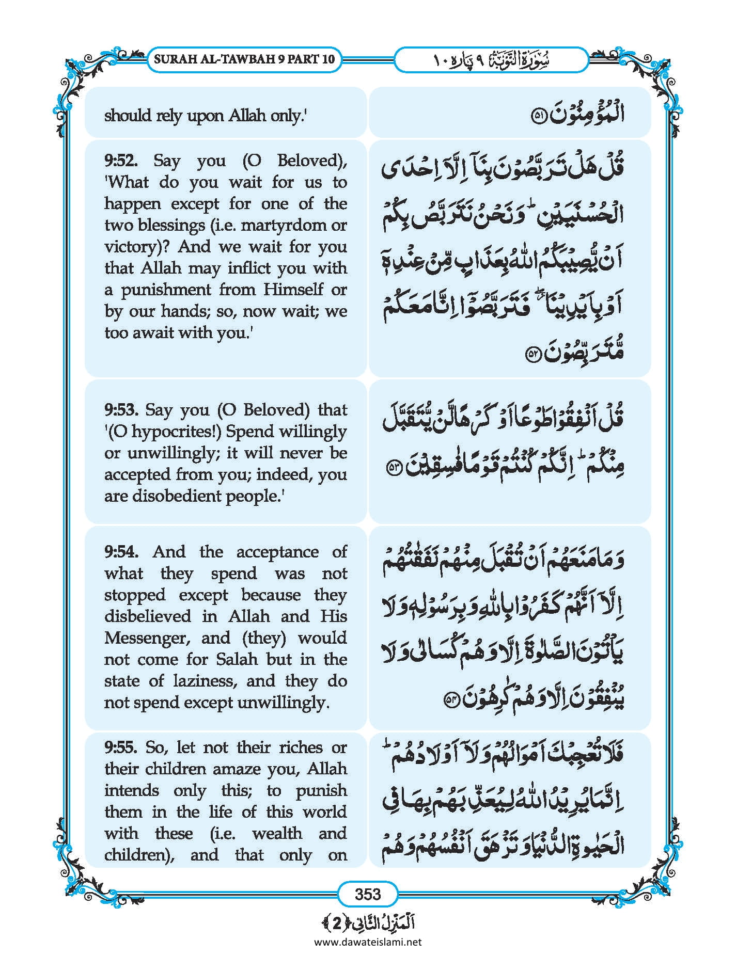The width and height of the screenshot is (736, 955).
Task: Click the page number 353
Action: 368,894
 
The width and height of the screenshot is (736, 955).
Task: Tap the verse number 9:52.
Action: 121,161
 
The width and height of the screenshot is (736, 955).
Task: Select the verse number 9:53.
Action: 121,410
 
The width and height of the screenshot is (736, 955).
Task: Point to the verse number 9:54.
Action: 121,552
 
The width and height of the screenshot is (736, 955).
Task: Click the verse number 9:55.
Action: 121,747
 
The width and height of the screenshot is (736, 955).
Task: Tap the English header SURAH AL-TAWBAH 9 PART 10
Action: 244,59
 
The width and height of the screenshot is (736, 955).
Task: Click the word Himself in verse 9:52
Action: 293,290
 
